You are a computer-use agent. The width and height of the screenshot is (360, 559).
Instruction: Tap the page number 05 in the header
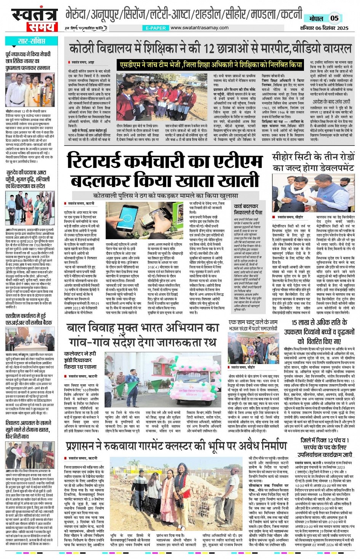point(334,18)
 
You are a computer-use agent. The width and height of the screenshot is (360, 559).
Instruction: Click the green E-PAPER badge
point(156,28)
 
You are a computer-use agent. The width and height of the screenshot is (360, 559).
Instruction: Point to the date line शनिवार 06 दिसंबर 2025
point(324,28)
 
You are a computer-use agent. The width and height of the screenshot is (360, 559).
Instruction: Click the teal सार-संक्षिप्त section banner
point(32,41)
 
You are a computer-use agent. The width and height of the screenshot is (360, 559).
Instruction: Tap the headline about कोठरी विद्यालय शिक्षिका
point(210,49)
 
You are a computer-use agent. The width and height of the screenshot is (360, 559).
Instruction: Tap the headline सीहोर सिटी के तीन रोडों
point(313,162)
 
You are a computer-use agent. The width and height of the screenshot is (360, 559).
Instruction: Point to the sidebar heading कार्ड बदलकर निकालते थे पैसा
point(248,209)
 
